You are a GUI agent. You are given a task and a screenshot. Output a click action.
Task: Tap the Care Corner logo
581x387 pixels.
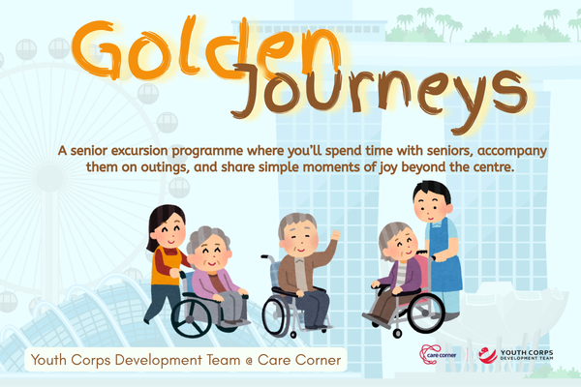(438, 355)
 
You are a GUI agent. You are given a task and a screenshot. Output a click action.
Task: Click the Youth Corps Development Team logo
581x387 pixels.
(515, 355)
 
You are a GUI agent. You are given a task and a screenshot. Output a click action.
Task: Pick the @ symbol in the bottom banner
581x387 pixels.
(249, 360)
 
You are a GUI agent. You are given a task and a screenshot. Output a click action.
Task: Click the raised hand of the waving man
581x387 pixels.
(335, 235)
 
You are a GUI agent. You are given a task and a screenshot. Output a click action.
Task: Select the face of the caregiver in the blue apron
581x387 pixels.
(431, 207)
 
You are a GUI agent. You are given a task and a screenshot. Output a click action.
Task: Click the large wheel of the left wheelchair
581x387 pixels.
(192, 318)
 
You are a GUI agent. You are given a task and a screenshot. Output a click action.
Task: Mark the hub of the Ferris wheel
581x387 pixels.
(49, 178)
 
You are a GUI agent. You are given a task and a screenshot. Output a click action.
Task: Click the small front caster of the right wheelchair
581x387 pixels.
(397, 333)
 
